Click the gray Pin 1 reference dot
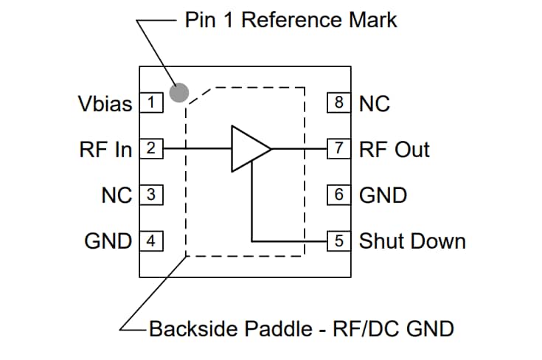pyautogui.click(x=179, y=92)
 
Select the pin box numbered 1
pyautogui.click(x=151, y=103)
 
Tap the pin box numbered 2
pyautogui.click(x=151, y=149)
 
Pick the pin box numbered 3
pyautogui.click(x=151, y=195)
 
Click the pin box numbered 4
pyautogui.click(x=151, y=241)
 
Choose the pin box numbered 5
pyautogui.click(x=339, y=241)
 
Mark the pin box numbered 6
pyautogui.click(x=339, y=195)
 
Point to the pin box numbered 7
pyautogui.click(x=339, y=149)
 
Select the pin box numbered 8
pyautogui.click(x=339, y=103)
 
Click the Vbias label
pyautogui.click(x=105, y=103)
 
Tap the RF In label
pyautogui.click(x=105, y=149)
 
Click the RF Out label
pyautogui.click(x=394, y=149)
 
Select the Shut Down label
pyautogui.click(x=411, y=241)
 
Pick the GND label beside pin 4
pyautogui.click(x=108, y=241)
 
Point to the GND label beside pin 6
pyautogui.click(x=383, y=195)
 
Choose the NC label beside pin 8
pyautogui.click(x=374, y=103)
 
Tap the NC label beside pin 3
pyautogui.click(x=117, y=195)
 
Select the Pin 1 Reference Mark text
pyautogui.click(x=290, y=19)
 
